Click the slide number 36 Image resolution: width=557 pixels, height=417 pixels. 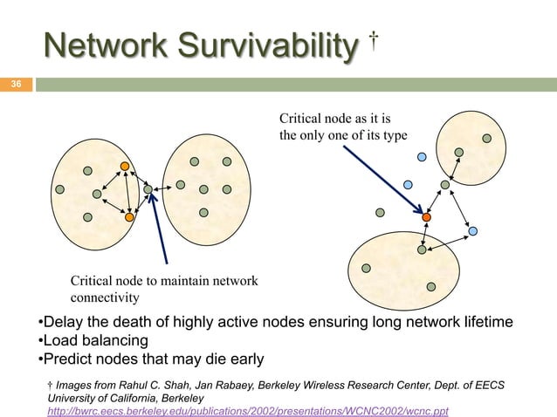16,85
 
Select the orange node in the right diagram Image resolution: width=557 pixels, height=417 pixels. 426,217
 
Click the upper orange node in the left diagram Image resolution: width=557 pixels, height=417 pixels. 126,166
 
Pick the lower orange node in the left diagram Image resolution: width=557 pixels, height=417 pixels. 129,216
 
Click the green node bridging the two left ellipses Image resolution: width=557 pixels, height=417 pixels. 148,188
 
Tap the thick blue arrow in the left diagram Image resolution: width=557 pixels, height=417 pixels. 160,229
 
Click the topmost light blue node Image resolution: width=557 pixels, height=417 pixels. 421,157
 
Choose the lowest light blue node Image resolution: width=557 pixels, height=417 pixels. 472,232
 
